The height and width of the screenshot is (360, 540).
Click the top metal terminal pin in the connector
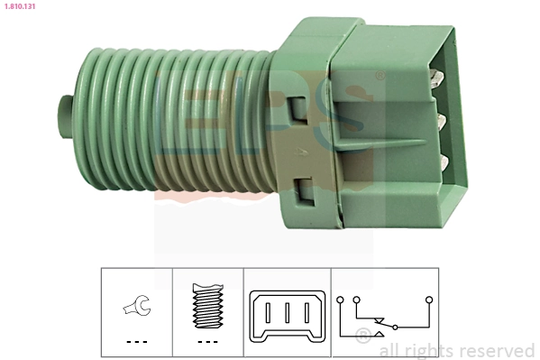(438, 79)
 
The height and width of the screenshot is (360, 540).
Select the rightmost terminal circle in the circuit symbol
(429, 297)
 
